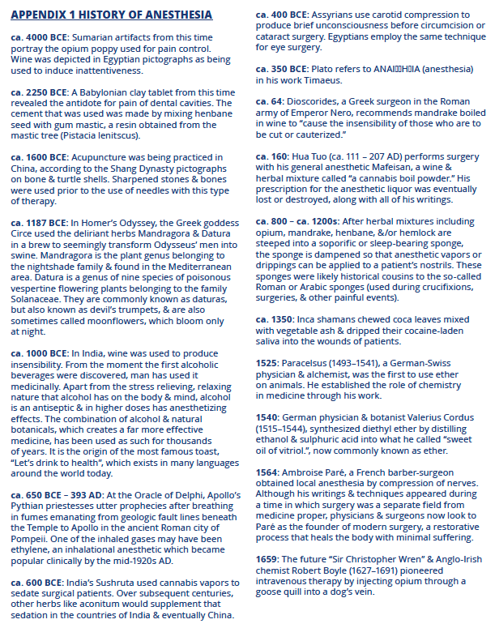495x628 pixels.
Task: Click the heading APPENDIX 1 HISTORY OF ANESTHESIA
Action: tap(112, 15)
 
